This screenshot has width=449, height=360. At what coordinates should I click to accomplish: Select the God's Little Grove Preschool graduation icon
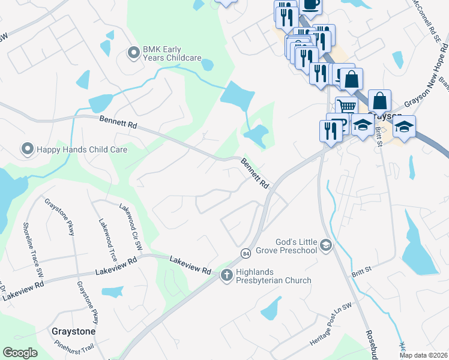[325, 245]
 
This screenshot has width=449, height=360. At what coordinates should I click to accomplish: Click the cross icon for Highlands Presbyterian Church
[227, 275]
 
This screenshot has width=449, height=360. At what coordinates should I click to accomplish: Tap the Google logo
[20, 353]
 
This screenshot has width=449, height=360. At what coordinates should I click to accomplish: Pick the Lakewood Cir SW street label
[131, 226]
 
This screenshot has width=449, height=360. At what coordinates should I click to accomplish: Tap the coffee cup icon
[310, 5]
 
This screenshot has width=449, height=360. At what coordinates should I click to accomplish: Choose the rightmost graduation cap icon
[405, 127]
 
